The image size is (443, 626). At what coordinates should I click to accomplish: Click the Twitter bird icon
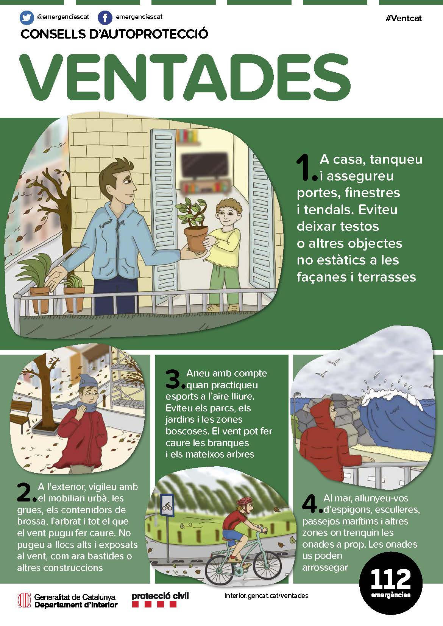click(27, 18)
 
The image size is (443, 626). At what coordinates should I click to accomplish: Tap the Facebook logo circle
click(105, 18)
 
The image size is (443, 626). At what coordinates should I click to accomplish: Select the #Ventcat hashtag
click(403, 19)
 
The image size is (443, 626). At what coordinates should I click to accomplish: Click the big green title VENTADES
click(185, 77)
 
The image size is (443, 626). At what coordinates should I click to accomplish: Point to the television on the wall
click(205, 165)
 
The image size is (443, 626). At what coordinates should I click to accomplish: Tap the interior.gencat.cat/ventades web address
click(266, 596)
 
